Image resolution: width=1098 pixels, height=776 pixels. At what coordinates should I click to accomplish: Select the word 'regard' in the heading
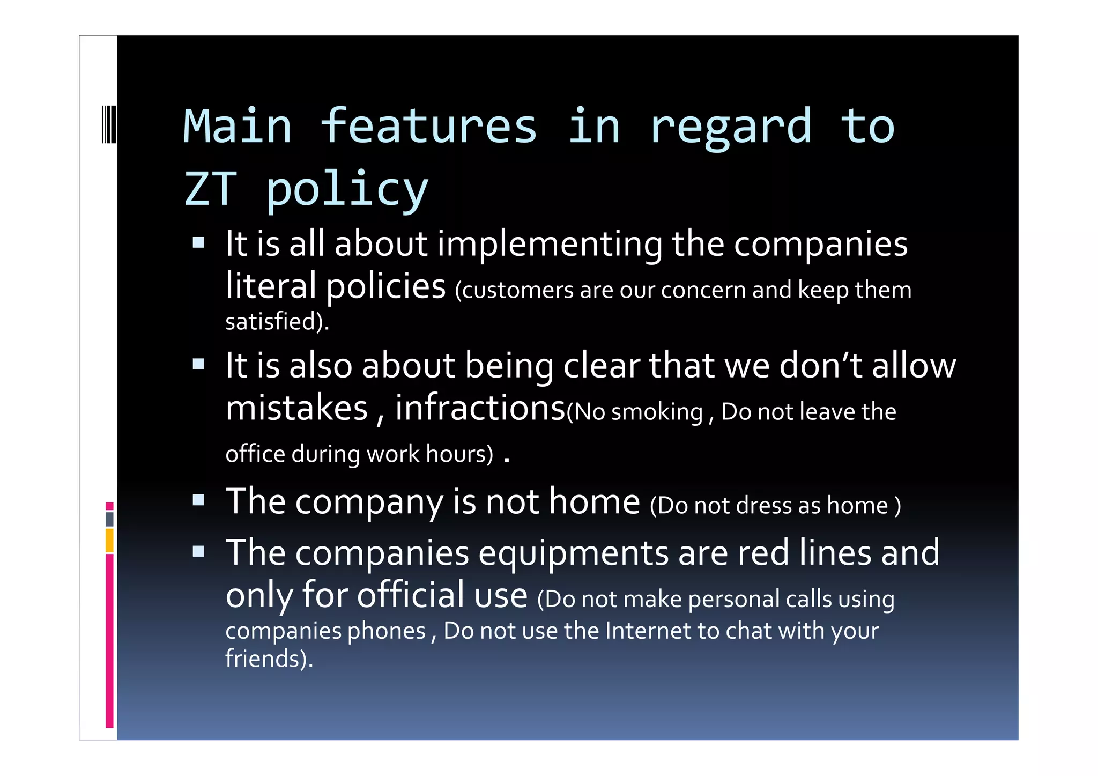pos(731,128)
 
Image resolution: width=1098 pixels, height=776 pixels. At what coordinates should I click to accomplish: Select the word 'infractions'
pos(480,408)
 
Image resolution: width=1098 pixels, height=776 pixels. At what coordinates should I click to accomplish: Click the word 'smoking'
pos(657,412)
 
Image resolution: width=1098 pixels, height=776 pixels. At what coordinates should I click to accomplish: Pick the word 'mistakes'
pos(296,408)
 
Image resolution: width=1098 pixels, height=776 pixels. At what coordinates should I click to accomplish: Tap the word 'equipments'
pos(573,553)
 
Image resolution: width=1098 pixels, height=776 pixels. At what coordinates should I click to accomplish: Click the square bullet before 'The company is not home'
pos(198,500)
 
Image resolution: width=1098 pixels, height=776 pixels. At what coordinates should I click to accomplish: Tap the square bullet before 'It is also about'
pos(198,365)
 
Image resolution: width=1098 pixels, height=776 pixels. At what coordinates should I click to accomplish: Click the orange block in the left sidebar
pos(109,540)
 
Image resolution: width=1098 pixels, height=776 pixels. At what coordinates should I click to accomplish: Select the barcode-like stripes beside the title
pos(109,124)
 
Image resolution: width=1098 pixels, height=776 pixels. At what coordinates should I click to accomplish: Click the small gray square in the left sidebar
pos(109,519)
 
